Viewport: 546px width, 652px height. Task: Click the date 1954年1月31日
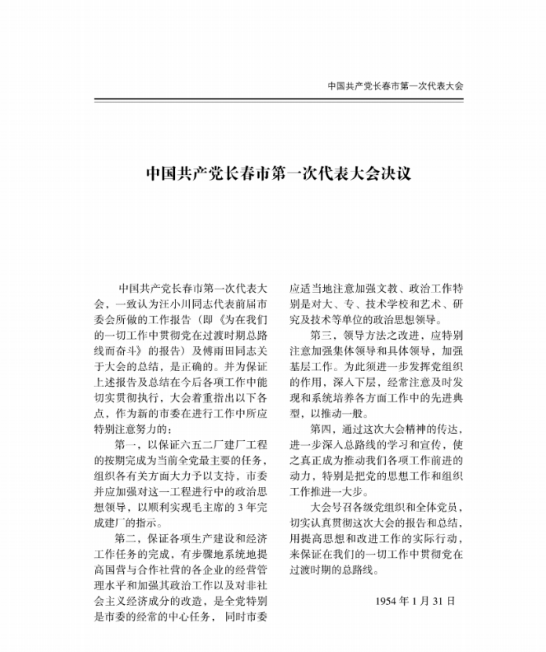(x=416, y=602)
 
